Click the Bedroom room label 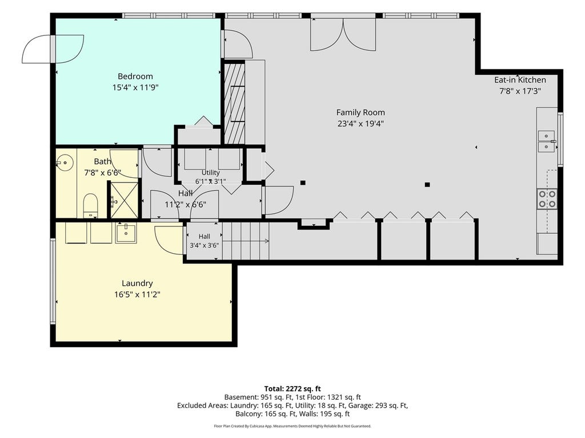135,76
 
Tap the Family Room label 360,112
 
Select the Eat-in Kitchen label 520,80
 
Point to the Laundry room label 137,283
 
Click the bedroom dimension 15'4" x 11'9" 135,87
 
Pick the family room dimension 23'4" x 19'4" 361,124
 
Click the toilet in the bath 90,205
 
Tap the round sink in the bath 65,163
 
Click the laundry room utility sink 126,233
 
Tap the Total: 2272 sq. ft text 292,389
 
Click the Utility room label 210,172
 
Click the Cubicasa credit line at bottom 292,426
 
